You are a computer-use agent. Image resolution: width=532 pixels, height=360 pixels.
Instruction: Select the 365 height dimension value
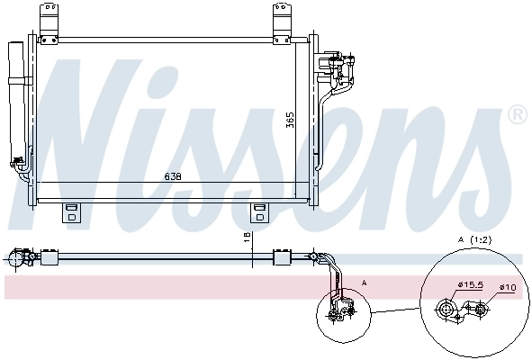[290, 119]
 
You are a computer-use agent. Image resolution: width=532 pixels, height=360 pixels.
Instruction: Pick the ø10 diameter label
[507, 288]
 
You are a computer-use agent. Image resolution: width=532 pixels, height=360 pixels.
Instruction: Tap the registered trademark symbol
[517, 114]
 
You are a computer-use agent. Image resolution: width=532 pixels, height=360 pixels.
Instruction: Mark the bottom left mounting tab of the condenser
[69, 211]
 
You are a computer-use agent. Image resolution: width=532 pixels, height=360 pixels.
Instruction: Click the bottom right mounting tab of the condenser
[260, 211]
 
